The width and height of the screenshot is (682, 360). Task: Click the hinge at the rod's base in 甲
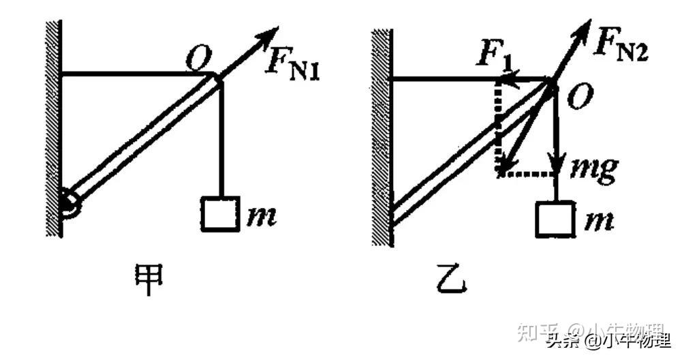[x=69, y=200]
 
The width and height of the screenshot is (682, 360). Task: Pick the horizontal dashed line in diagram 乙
[x=528, y=173]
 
